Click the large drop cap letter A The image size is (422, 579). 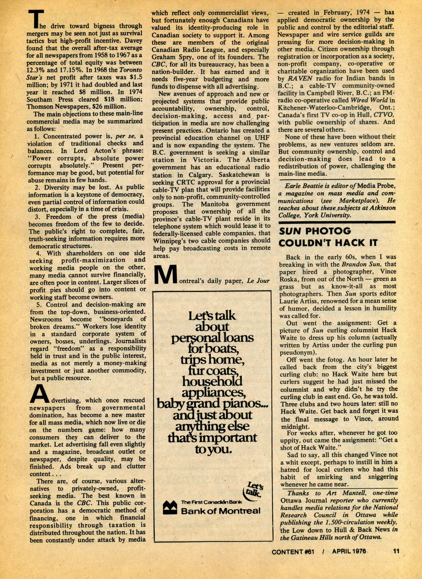39,394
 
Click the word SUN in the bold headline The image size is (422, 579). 290,231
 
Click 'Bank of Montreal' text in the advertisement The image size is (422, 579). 221,511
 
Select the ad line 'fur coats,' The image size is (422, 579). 213,370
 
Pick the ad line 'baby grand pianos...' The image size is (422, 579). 212,403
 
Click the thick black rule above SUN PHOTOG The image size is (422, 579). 337,222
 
